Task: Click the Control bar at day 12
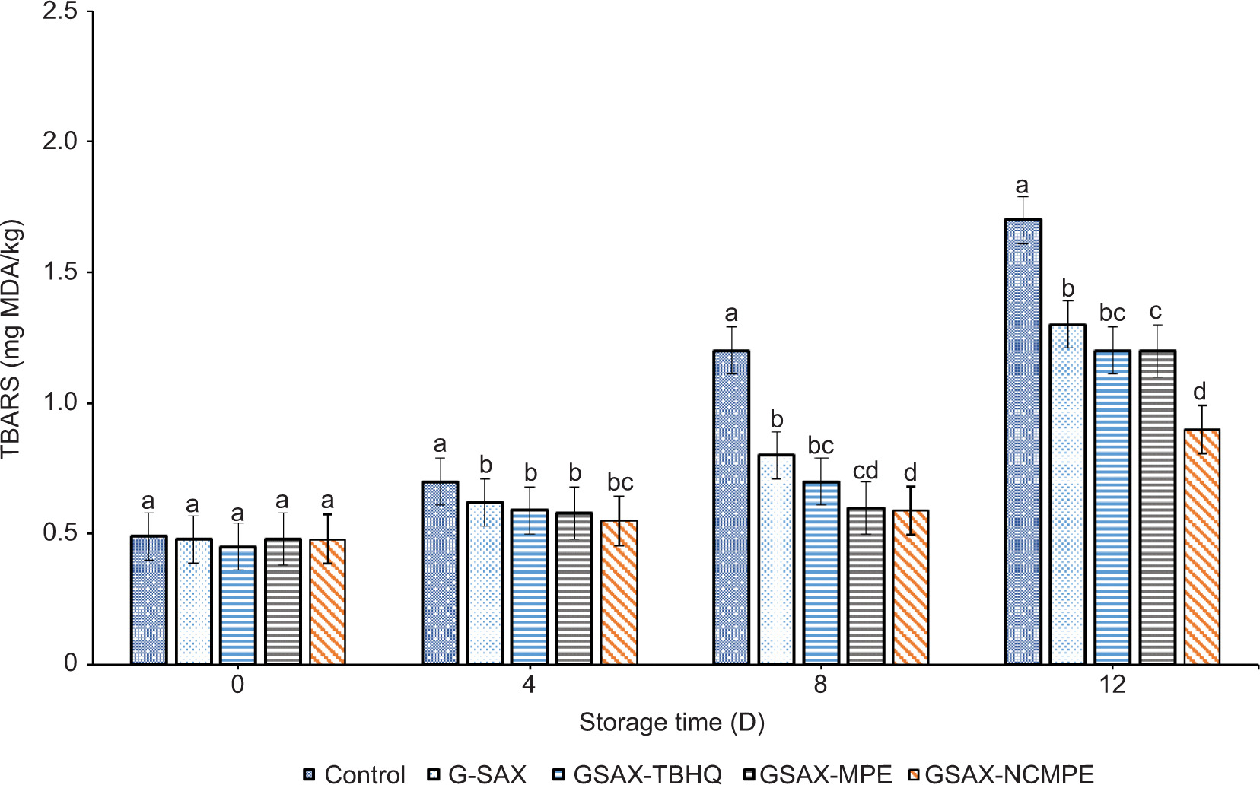click(1023, 441)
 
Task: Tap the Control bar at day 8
click(731, 507)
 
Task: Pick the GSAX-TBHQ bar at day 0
click(238, 605)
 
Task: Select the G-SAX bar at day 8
click(776, 559)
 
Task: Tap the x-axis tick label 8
click(819, 685)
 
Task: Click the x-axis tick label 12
click(1112, 685)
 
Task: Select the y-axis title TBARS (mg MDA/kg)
click(12, 338)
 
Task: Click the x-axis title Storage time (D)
click(672, 722)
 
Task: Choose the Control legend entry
click(355, 774)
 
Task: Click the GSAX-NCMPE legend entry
click(1001, 774)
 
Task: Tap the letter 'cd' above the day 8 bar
click(866, 471)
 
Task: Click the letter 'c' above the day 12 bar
click(1156, 311)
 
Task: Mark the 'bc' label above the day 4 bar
click(620, 482)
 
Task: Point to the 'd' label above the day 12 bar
click(1200, 392)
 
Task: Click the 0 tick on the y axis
click(70, 663)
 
